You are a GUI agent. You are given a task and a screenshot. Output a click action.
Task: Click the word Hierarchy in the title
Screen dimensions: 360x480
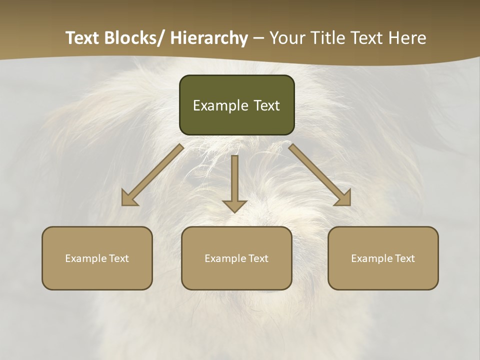(x=209, y=38)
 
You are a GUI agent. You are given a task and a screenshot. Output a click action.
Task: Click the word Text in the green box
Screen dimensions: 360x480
(x=266, y=105)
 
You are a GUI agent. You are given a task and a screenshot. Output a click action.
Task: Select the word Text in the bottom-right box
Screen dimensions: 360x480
(x=404, y=258)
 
